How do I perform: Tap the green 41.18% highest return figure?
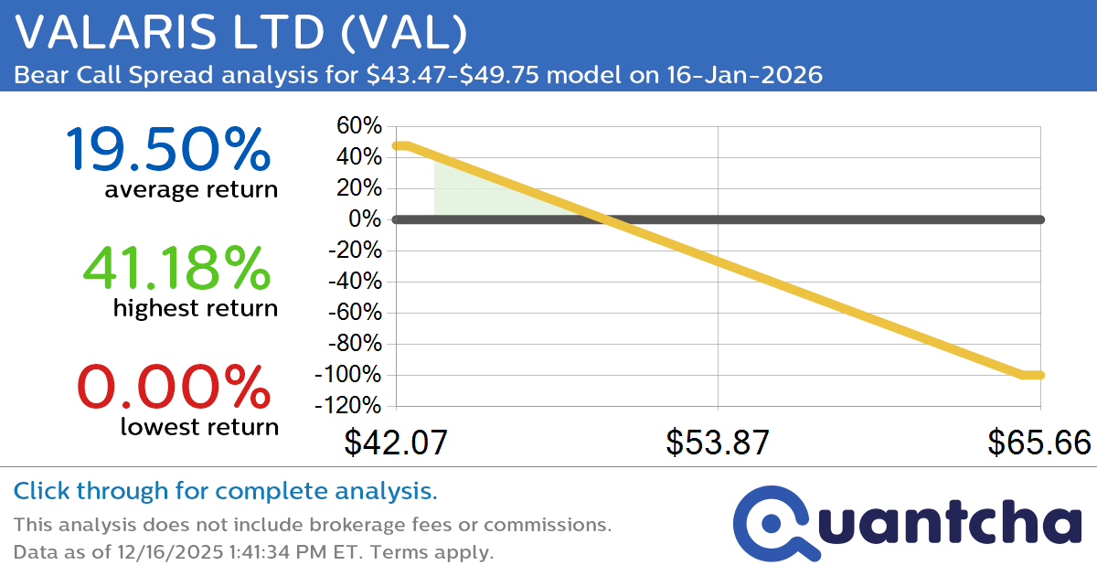click(177, 268)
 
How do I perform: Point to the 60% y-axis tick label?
click(357, 126)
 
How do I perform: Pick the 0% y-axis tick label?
click(364, 219)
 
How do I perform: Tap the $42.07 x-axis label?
click(396, 443)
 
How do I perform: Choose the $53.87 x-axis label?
click(718, 443)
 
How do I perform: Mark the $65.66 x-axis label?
click(1039, 443)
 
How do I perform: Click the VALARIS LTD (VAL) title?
click(241, 34)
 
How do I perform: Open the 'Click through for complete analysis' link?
click(225, 492)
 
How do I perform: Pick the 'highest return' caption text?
click(195, 308)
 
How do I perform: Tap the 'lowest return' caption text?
click(198, 426)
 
